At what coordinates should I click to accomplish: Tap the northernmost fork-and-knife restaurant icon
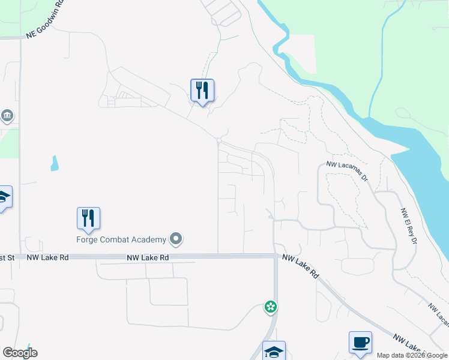[202, 91]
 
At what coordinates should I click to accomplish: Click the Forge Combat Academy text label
[121, 240]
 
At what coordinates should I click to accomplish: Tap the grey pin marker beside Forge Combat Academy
[176, 240]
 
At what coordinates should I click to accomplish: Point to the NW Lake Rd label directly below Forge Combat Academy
[148, 257]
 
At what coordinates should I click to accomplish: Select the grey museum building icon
[7, 115]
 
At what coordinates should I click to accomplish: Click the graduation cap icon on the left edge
[4, 197]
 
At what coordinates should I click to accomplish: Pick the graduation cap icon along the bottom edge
[274, 352]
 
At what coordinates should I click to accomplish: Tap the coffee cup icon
[360, 342]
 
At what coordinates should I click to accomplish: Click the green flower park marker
[271, 308]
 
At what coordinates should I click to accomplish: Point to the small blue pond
[55, 163]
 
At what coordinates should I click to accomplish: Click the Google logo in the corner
[20, 353]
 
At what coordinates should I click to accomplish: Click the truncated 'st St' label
[7, 257]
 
